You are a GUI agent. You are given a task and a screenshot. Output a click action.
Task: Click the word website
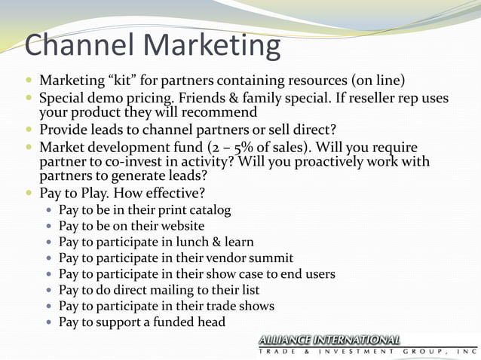tap(181, 225)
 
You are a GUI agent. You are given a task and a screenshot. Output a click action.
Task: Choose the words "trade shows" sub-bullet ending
tap(242, 306)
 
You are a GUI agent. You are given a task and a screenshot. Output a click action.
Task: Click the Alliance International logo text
tap(329, 340)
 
